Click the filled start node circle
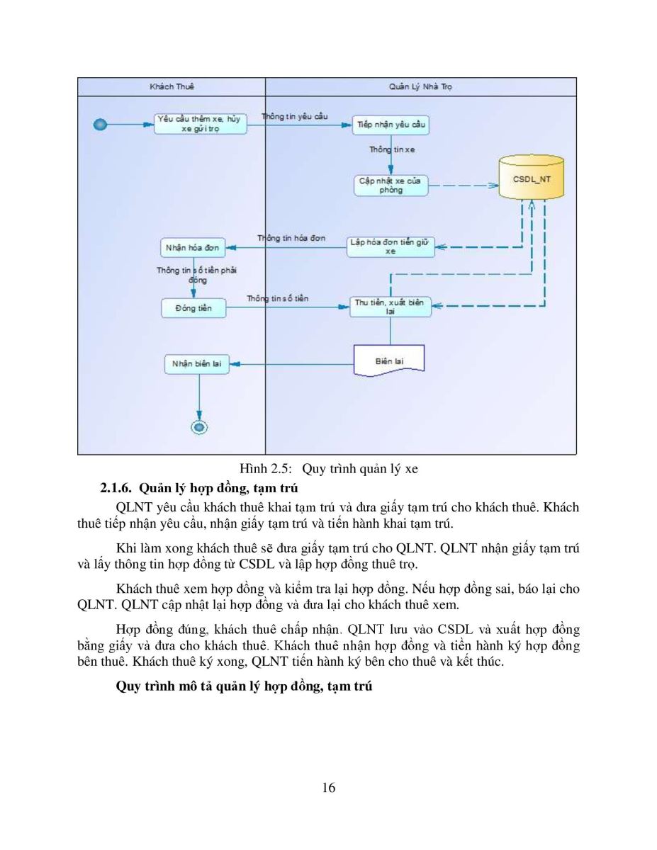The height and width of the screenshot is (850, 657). (100, 125)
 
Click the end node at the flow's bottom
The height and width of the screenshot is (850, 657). (199, 427)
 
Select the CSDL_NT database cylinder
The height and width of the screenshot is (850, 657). (531, 177)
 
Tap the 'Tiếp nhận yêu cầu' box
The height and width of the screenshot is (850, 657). (391, 125)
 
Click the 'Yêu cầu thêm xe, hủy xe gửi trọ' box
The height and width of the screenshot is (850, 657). (201, 124)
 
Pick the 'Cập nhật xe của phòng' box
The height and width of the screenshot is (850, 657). (391, 186)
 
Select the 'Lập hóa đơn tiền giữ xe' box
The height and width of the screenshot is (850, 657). (391, 247)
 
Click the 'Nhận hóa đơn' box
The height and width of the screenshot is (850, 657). (193, 248)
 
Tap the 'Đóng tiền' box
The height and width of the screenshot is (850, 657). (193, 308)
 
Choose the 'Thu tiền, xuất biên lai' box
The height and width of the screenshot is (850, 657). (390, 307)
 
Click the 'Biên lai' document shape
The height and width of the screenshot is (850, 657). (389, 361)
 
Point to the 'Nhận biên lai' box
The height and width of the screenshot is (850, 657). (197, 364)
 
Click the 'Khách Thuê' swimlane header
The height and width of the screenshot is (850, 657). (172, 86)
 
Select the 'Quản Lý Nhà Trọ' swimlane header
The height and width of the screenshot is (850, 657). (421, 86)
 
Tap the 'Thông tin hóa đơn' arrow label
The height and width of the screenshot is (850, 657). (291, 238)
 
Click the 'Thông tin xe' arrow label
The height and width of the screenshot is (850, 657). (392, 149)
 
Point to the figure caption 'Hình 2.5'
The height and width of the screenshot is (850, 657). (266, 469)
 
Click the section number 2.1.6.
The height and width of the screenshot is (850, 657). (116, 488)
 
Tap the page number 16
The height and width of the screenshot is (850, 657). (329, 788)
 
